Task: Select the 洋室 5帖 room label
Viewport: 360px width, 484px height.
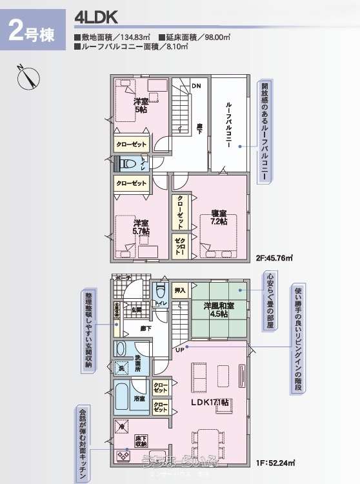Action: (x=140, y=106)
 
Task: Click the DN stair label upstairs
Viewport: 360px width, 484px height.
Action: (x=196, y=85)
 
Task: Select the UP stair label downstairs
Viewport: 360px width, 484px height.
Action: (x=179, y=349)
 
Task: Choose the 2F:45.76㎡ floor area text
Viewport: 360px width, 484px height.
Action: (x=275, y=257)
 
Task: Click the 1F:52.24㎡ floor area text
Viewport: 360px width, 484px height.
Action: (x=275, y=463)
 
